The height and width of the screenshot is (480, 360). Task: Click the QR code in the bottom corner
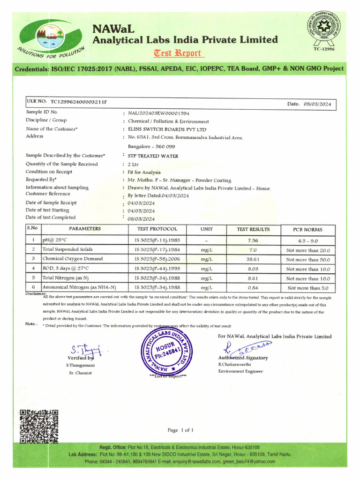(x=38, y=426)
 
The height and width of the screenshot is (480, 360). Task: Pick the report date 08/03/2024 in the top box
(x=317, y=104)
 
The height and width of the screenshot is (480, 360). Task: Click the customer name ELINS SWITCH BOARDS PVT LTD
(x=167, y=129)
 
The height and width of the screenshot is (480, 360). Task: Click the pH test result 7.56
(x=253, y=240)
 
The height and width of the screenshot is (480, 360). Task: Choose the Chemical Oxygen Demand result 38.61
(x=253, y=259)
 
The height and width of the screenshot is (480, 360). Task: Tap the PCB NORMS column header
(x=308, y=230)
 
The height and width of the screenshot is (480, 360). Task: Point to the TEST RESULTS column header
(x=253, y=229)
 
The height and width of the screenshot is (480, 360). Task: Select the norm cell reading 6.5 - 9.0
(x=308, y=240)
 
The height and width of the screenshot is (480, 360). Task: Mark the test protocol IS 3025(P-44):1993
(x=157, y=269)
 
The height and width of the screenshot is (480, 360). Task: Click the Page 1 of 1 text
(x=180, y=430)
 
